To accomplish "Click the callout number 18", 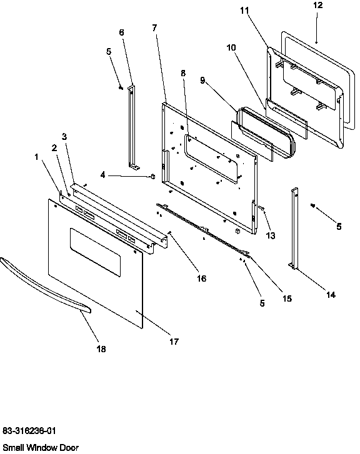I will [x=101, y=349].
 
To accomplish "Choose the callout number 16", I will [x=201, y=278].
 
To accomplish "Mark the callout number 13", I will [x=270, y=235].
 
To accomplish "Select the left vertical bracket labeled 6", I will [x=132, y=128].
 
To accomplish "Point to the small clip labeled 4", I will [x=152, y=177].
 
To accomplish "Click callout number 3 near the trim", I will [x=64, y=136].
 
